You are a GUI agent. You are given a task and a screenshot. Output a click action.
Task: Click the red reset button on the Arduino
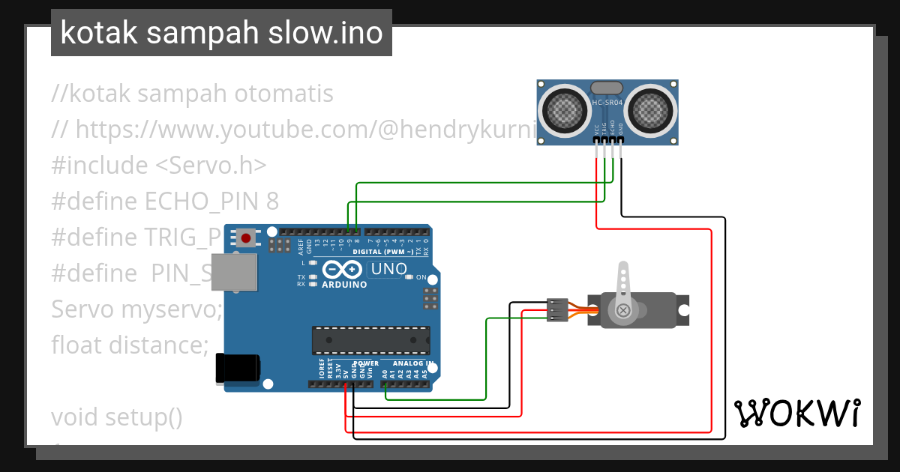coord(245,239)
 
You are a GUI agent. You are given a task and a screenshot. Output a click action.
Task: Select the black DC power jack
coord(238,368)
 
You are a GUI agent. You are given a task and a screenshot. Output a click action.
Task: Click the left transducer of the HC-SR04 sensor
coord(562,110)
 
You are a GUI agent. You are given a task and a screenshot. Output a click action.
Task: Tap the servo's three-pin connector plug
coord(556,310)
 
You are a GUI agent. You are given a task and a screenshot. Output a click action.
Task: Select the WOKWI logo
coord(796,413)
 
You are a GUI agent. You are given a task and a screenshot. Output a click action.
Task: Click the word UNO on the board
coord(390,269)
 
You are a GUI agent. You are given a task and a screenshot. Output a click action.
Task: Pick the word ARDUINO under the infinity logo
coord(344,285)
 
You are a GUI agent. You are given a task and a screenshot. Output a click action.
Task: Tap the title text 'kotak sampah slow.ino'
coord(221,33)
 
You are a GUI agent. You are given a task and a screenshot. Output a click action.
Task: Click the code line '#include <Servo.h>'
coord(159,165)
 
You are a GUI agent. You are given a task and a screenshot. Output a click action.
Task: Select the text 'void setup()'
coord(117,417)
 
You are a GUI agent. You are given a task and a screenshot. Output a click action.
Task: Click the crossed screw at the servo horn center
coord(622,310)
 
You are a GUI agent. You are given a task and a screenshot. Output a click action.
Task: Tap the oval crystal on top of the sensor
coord(606,88)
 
